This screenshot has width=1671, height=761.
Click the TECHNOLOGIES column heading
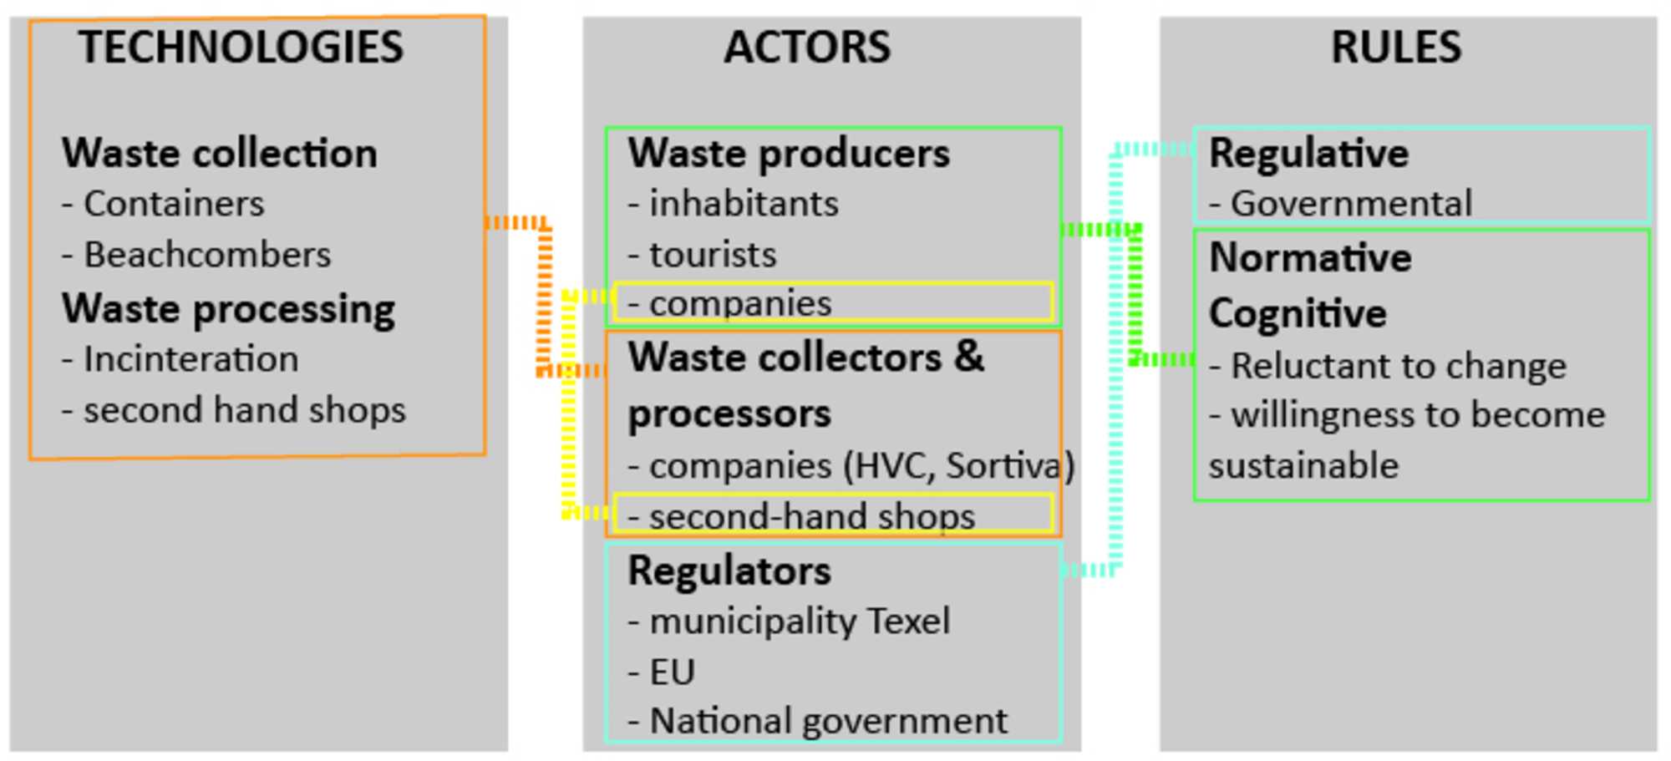click(x=241, y=47)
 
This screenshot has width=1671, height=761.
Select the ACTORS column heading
click(x=807, y=47)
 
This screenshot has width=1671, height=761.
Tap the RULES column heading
click(x=1396, y=47)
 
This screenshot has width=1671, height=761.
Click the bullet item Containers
click(x=173, y=204)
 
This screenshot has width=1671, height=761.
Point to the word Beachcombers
click(x=207, y=255)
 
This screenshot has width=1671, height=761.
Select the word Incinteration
click(x=190, y=360)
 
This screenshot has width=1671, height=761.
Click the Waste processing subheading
click(x=228, y=309)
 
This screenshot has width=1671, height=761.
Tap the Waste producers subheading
click(x=789, y=154)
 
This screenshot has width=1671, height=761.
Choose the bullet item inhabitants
click(x=744, y=204)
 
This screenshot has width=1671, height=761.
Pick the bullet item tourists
click(x=713, y=255)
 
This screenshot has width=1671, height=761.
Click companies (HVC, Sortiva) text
click(x=861, y=466)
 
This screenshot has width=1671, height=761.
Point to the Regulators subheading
click(x=729, y=571)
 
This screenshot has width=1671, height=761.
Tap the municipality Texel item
click(x=800, y=621)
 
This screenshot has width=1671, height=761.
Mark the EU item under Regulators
click(x=672, y=672)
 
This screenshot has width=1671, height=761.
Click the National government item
click(x=828, y=722)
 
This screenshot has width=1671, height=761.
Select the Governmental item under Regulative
click(x=1351, y=204)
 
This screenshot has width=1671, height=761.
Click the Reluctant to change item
click(x=1398, y=366)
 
